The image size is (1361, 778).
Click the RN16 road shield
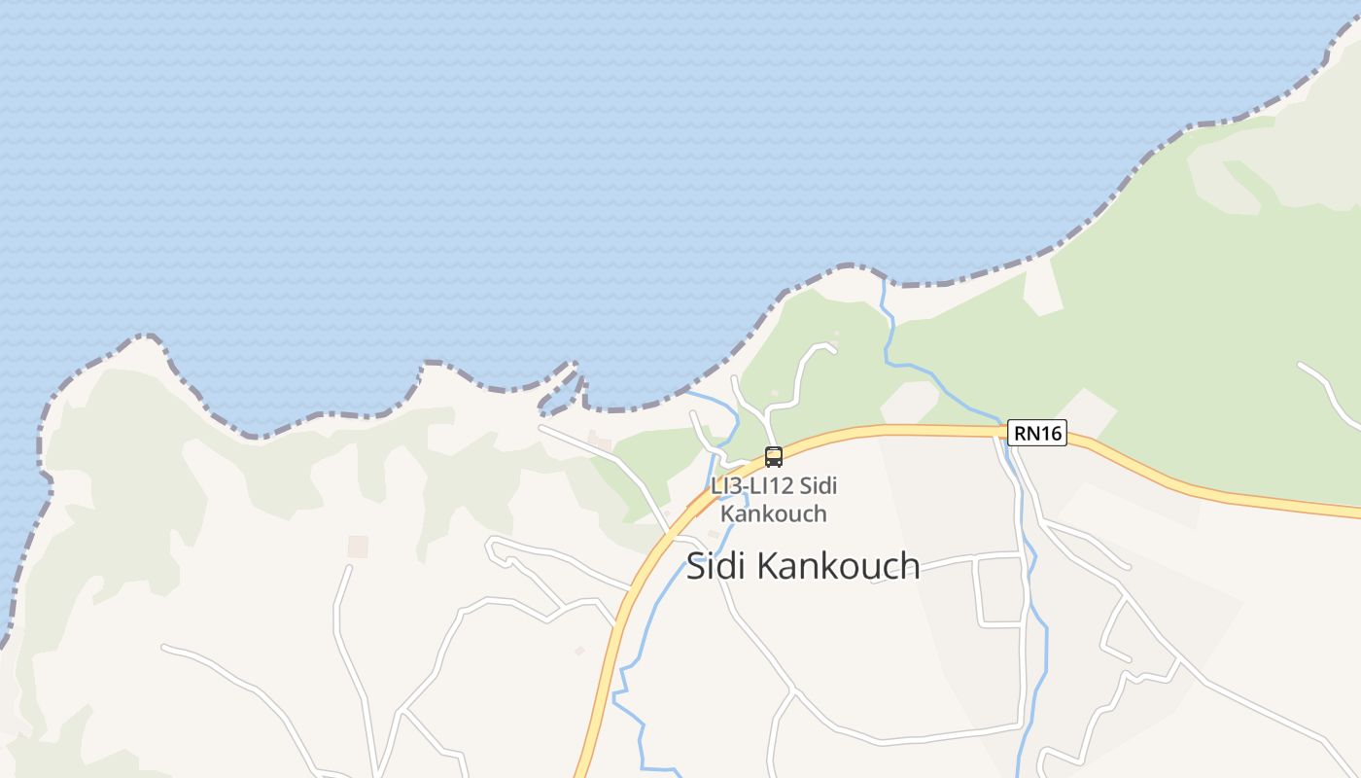coord(1037,433)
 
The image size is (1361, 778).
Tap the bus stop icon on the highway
coord(774,456)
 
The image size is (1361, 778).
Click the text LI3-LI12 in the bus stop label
coord(744,486)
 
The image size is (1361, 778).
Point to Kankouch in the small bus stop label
coord(774,513)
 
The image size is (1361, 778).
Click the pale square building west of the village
coord(359,547)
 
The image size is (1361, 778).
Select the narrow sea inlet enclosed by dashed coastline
coord(558,390)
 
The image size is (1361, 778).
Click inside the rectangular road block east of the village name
coord(998,590)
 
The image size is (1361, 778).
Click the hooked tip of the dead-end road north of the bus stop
coord(832,346)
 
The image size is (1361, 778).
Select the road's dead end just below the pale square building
coord(347,569)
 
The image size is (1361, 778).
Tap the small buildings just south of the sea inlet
coord(598,442)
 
